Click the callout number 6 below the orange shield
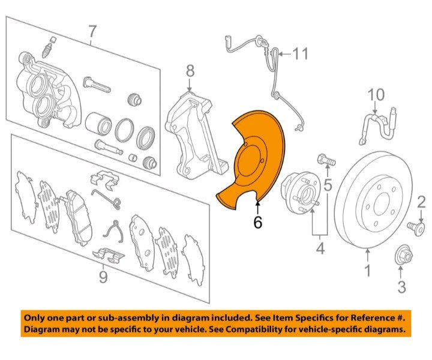[x=257, y=222]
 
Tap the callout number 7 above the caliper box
[x=92, y=32]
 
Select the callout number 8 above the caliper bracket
[x=190, y=71]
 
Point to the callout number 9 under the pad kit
[x=103, y=277]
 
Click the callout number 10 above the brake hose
[x=376, y=95]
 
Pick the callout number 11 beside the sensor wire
[x=300, y=53]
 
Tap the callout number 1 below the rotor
[x=368, y=270]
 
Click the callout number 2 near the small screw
[x=422, y=202]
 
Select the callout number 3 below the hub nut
[x=401, y=287]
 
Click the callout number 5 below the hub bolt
[x=328, y=185]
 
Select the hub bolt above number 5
[x=326, y=160]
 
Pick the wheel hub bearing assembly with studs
[x=301, y=193]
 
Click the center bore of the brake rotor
[x=382, y=205]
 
